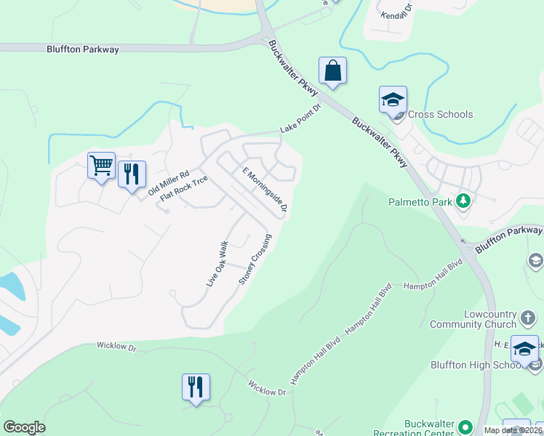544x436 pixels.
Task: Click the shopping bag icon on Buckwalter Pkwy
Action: pos(332,71)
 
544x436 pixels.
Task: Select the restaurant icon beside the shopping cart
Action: pos(132,174)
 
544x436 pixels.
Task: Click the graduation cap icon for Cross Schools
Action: pos(393,100)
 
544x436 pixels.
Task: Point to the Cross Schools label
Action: pos(440,114)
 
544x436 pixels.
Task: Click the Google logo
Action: pos(24,427)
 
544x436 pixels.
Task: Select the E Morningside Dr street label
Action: pos(265,190)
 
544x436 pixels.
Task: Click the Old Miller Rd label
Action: pos(168,182)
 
